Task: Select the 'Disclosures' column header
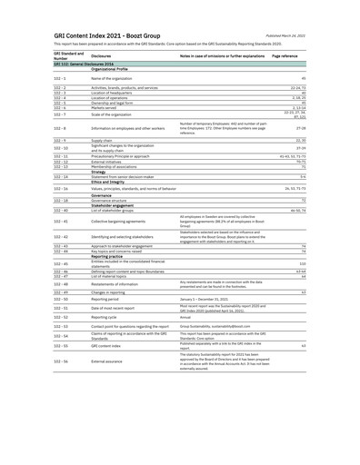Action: pyautogui.click(x=103, y=54)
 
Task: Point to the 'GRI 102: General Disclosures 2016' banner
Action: pyautogui.click(x=83, y=64)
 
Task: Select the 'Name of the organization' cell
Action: pyautogui.click(x=112, y=79)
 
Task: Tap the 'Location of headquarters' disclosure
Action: pyautogui.click(x=113, y=93)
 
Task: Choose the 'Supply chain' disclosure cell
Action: pyautogui.click(x=102, y=141)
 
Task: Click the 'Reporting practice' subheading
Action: pyautogui.click(x=110, y=256)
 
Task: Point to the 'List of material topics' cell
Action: pyautogui.click(x=111, y=275)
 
